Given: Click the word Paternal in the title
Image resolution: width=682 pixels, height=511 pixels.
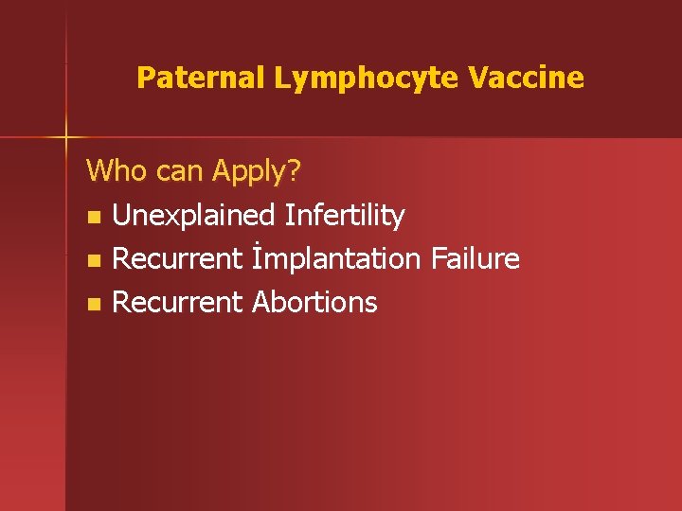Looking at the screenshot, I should (202, 78).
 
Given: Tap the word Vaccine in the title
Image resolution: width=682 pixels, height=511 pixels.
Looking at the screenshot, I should (527, 78).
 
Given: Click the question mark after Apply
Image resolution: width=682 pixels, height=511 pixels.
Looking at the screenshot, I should (294, 171).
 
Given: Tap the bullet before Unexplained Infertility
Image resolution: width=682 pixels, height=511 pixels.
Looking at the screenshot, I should (92, 217).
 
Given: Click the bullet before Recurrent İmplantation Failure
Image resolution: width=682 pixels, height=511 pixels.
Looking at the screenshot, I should (92, 260).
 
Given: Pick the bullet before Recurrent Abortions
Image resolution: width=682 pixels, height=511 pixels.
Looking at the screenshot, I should (92, 304).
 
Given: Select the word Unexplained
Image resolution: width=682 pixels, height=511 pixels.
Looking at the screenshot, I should (194, 216).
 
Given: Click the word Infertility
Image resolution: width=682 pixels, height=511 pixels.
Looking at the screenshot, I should (345, 216).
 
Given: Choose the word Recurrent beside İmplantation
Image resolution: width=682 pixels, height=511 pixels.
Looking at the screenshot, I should (177, 258).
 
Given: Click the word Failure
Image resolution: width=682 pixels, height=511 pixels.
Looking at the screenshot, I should (476, 258).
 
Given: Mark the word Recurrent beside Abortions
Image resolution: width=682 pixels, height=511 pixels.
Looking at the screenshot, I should (177, 302).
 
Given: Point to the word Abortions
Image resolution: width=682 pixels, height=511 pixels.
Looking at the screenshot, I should (314, 302).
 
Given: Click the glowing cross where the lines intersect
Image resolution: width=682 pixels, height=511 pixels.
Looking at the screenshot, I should (66, 138).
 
